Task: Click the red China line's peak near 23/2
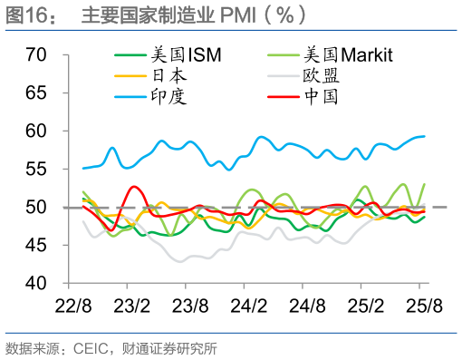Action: click(135, 187)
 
